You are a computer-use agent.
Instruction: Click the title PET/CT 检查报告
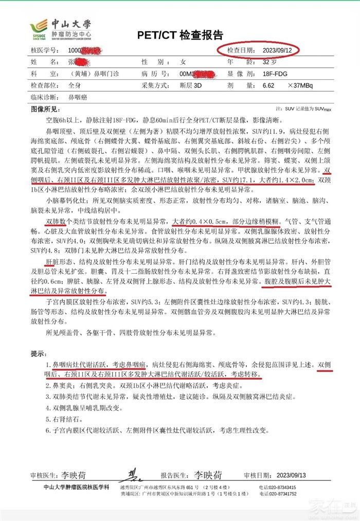tap(180, 35)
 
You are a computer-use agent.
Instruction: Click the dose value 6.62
tap(268, 85)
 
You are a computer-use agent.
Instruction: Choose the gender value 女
tap(183, 62)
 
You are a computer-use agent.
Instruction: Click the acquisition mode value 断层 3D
tap(190, 85)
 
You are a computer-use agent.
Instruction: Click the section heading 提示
tap(38, 353)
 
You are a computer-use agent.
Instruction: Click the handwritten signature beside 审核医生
tap(133, 475)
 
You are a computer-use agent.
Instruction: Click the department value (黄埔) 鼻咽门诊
tap(95, 74)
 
